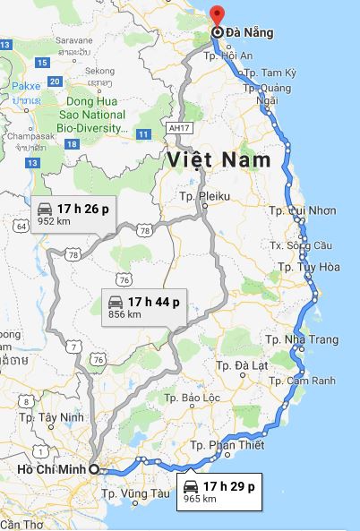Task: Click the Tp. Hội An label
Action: pyautogui.click(x=229, y=56)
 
